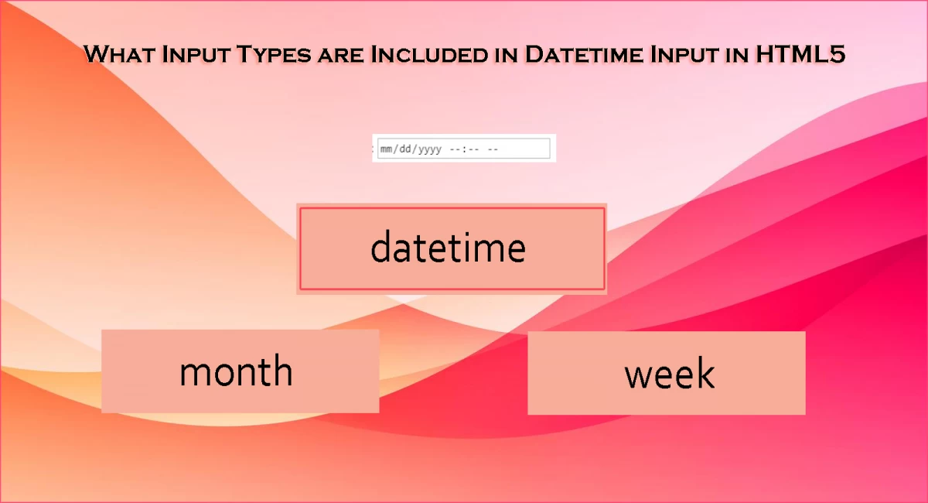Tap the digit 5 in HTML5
[835, 55]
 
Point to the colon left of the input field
[374, 149]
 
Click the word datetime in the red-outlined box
[448, 248]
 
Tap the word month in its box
[236, 371]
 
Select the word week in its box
[669, 374]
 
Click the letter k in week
[705, 373]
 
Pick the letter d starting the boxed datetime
[380, 247]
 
